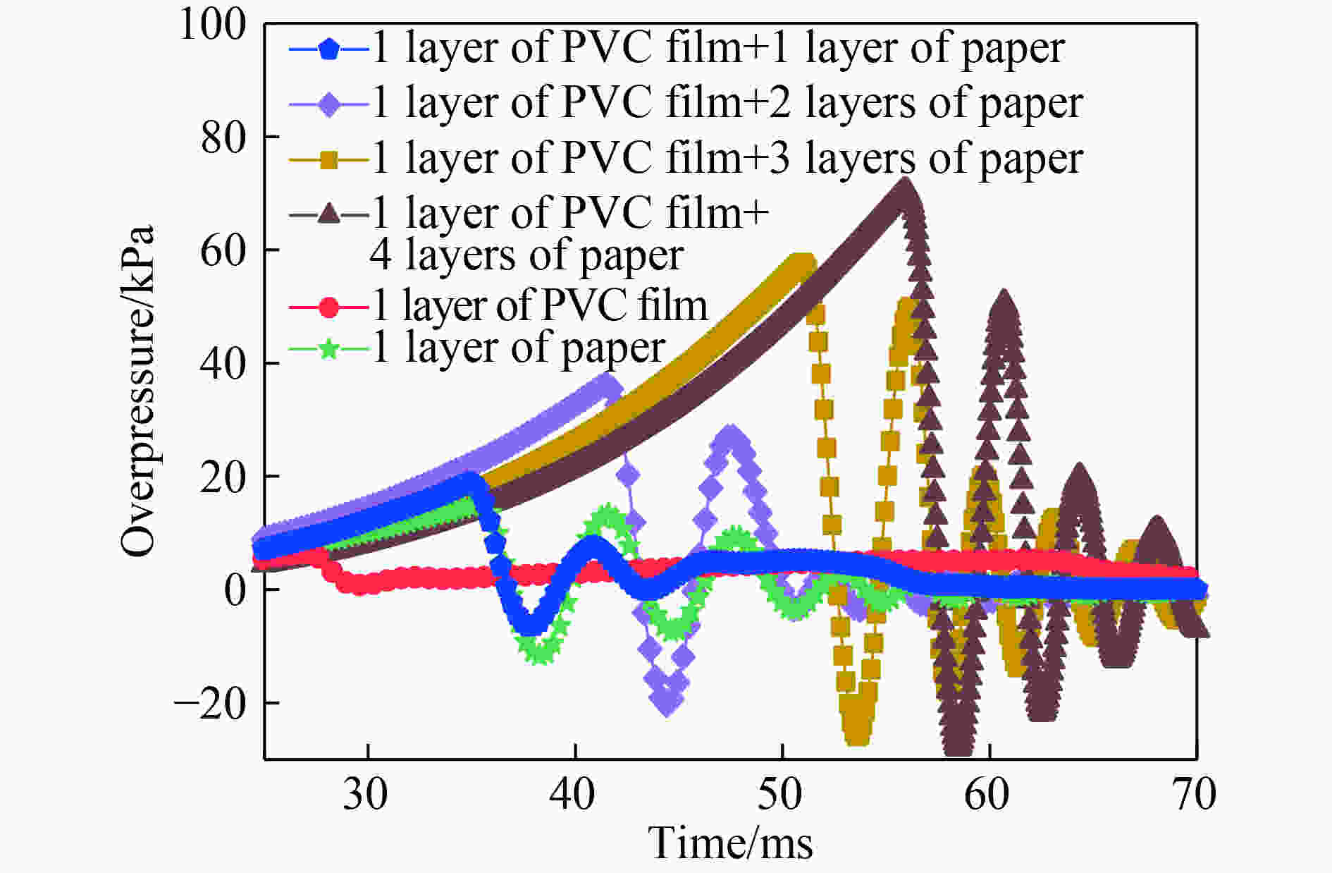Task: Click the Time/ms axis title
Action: (730, 843)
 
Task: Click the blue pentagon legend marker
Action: (328, 51)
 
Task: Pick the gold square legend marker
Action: (328, 160)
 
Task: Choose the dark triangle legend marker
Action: (328, 212)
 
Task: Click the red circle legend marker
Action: (328, 307)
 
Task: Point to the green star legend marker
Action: (328, 349)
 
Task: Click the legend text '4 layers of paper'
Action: (526, 256)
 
